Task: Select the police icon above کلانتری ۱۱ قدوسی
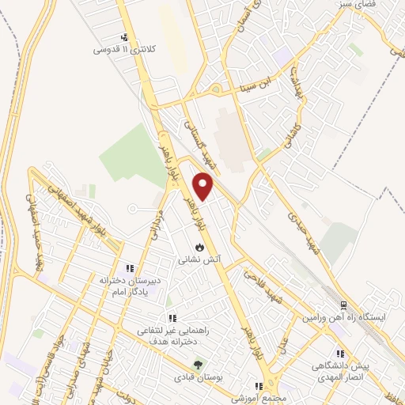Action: coord(124,36)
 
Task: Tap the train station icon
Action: coord(343,305)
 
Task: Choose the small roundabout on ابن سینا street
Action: coord(215,89)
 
